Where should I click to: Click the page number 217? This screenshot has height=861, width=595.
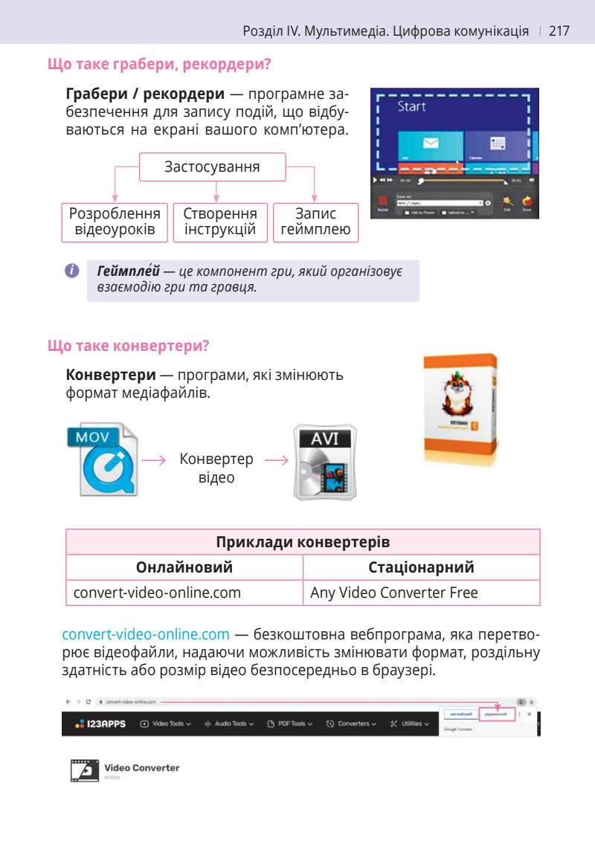point(559,31)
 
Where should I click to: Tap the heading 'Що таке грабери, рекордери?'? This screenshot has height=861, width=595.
point(158,65)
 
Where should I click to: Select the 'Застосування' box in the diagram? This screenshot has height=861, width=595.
point(212,167)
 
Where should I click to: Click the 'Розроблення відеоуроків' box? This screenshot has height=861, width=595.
point(115,222)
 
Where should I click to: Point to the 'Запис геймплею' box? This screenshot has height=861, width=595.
point(315,222)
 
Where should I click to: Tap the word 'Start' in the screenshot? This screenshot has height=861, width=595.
point(411,107)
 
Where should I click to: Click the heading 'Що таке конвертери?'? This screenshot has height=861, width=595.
point(128,346)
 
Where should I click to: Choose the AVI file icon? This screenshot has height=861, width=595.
point(324,462)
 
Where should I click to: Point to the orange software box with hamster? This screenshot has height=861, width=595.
point(460,410)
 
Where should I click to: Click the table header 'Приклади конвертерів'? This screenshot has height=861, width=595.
point(303,542)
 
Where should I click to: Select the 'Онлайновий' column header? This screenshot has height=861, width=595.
point(184,567)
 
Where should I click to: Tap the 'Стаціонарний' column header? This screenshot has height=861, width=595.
point(421,567)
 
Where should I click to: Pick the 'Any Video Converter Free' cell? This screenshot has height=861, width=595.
point(394,593)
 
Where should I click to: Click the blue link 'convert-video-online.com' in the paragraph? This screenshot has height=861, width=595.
point(146,634)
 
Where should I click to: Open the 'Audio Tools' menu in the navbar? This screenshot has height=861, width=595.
point(228,723)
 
